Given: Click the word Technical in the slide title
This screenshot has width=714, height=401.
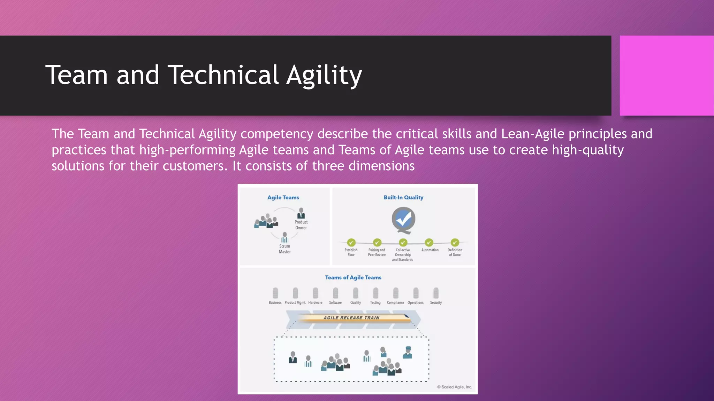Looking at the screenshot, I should tap(223, 75).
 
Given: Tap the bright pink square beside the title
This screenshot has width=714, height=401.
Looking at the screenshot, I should tap(666, 76).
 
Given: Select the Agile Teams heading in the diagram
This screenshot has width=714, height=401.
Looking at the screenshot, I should tap(283, 197).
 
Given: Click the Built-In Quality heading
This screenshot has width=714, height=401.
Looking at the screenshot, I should tap(403, 197).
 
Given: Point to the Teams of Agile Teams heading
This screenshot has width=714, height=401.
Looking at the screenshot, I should tap(353, 277).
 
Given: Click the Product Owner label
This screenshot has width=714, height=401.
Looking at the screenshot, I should tap(301, 225).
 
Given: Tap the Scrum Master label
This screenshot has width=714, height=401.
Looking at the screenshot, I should tap(284, 249).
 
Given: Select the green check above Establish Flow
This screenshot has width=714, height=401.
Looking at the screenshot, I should tap(351, 242).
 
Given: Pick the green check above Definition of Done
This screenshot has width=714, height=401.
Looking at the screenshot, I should tap(455, 242).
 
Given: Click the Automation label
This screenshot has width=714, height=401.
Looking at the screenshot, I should tap(430, 250).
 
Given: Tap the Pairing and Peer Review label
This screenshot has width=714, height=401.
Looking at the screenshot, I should tap(377, 252).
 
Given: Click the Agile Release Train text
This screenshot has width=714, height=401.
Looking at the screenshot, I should tap(351, 317).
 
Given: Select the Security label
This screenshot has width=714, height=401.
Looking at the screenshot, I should tap(436, 302).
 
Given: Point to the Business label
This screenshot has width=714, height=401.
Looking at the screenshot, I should tap(275, 302).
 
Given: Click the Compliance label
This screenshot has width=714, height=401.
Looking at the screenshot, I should tap(395, 302).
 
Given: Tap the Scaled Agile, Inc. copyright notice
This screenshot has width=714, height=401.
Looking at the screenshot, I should tap(455, 387).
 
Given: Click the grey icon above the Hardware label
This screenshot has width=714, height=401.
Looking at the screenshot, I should tap(316, 293).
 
